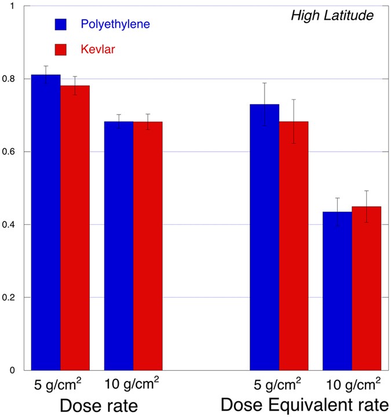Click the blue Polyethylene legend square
coord(61,24)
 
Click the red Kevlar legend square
coord(61,50)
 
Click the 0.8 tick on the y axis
coord(11,79)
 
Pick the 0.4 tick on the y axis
coord(11,225)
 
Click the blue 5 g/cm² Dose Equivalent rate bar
coord(264,237)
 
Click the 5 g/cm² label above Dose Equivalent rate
coord(278,383)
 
